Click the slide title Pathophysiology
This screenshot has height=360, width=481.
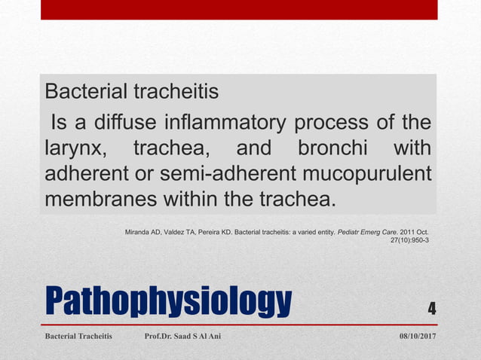pos(168,302)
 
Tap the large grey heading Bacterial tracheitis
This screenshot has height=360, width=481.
pos(133,92)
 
